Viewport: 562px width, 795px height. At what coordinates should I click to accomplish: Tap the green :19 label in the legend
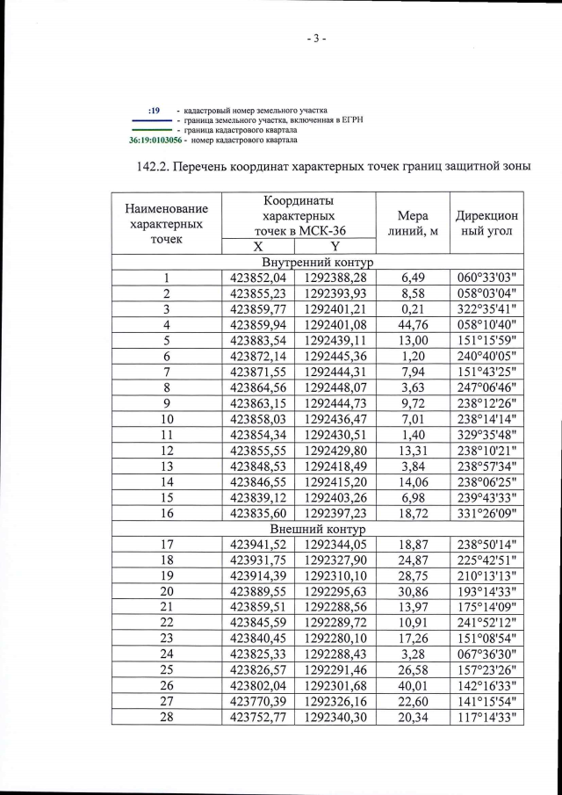point(154,110)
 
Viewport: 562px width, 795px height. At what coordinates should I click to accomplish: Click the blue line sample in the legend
point(150,120)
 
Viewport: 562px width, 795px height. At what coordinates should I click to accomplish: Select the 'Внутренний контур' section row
point(317,263)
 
